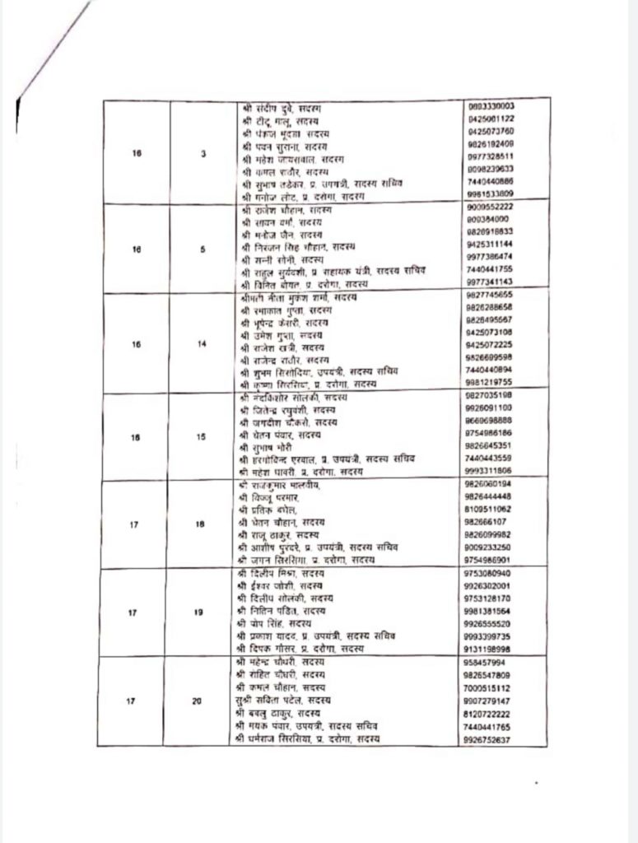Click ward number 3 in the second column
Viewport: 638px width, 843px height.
(203, 153)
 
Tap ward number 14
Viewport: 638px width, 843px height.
(203, 344)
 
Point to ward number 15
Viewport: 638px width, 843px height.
(202, 437)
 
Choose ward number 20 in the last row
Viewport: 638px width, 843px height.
(196, 701)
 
